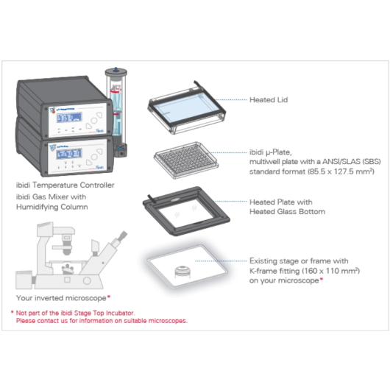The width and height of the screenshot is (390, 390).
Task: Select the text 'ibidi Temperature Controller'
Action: click(x=65, y=185)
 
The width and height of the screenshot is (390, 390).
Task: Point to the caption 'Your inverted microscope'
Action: click(x=62, y=298)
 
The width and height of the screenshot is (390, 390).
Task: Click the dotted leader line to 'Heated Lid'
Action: click(x=221, y=99)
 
